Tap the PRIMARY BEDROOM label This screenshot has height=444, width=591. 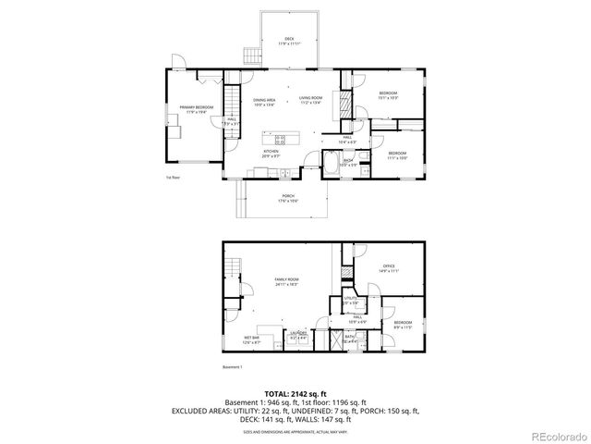point(196,108)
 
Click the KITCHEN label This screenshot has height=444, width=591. point(271,151)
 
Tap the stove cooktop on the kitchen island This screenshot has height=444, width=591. point(281,140)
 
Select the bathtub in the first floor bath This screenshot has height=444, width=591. point(331,166)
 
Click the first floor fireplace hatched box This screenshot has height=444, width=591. point(346,100)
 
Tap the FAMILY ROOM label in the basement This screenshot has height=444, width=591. point(286,281)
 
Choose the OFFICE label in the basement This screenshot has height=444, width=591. point(389,268)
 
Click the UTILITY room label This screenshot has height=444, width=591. point(351,300)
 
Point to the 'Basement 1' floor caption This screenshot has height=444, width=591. point(233,367)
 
